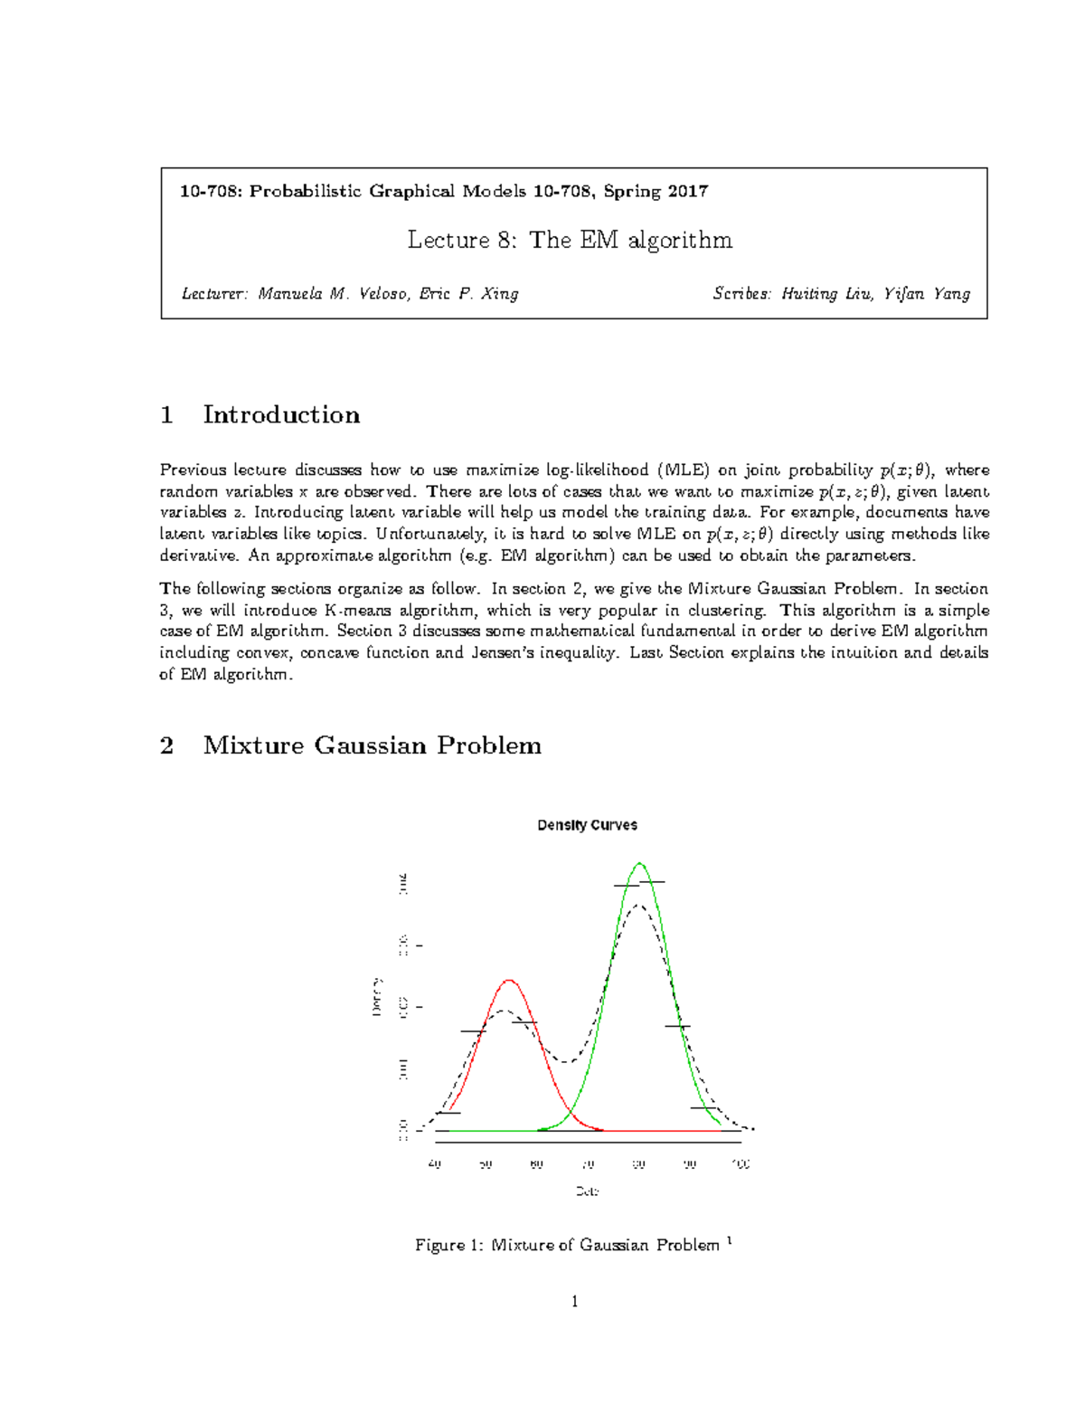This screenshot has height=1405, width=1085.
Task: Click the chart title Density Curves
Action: coord(587,825)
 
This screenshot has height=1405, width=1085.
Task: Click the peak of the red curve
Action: coord(510,980)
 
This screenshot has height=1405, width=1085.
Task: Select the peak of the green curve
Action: coord(639,863)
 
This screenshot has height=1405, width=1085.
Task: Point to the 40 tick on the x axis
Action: coord(435,1164)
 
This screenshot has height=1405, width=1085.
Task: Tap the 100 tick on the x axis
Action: coord(741,1164)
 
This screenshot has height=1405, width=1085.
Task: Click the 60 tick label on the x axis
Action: coord(537,1164)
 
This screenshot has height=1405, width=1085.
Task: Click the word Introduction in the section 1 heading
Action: coord(281,415)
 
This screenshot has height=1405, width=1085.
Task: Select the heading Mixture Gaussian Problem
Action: coord(372,745)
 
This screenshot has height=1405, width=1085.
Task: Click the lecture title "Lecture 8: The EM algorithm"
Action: coord(570,240)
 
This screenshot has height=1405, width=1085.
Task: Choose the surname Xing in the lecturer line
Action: coord(500,294)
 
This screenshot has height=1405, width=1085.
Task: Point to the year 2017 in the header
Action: coord(688,191)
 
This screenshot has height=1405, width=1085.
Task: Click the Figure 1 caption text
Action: coord(567,1246)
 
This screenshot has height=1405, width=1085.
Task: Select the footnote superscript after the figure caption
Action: coord(729,1240)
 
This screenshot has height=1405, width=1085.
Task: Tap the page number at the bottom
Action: coord(574,1302)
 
